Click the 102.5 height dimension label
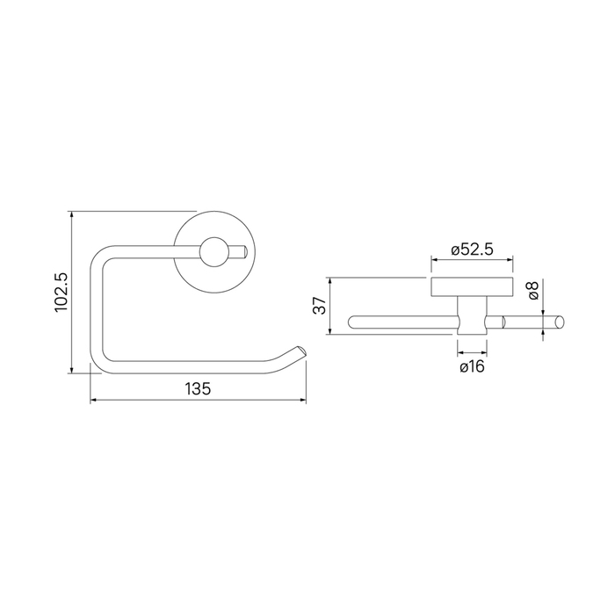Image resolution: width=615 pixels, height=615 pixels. pyautogui.click(x=61, y=293)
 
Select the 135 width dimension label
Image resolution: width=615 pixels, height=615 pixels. pyautogui.click(x=198, y=388)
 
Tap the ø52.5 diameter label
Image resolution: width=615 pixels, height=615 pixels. pyautogui.click(x=472, y=250)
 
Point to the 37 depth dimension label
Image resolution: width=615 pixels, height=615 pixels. pyautogui.click(x=320, y=306)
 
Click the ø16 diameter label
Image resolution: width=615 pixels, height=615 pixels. pyautogui.click(x=473, y=366)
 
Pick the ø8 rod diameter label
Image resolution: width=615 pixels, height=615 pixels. pyautogui.click(x=533, y=290)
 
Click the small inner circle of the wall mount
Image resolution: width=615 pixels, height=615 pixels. pyautogui.click(x=214, y=252)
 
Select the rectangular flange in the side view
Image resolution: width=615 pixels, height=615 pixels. pyautogui.click(x=472, y=286)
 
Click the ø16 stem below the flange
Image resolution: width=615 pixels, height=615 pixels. pyautogui.click(x=473, y=315)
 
